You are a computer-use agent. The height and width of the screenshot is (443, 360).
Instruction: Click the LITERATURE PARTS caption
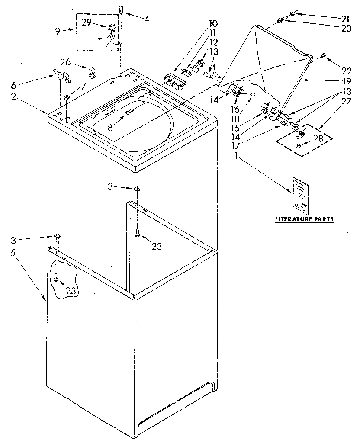point(304,219)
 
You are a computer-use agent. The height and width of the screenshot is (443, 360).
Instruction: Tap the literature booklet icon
point(301,195)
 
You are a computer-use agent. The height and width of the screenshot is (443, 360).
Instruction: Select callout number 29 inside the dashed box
point(87,22)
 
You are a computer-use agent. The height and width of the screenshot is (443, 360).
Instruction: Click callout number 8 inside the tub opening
point(111,128)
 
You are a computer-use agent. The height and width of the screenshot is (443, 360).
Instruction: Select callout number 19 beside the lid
point(344,80)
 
